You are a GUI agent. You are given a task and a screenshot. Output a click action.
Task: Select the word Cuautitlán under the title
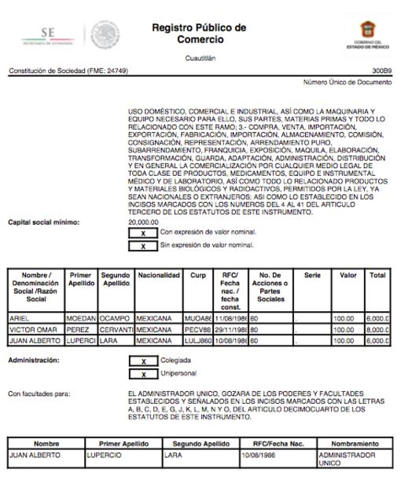[200, 57]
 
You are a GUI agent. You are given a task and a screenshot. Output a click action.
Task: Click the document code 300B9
[381, 71]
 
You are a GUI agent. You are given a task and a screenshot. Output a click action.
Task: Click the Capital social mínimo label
[43, 222]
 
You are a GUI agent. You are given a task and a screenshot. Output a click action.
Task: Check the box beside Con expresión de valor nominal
[142, 233]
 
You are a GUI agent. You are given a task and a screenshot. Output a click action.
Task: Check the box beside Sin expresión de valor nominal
[142, 246]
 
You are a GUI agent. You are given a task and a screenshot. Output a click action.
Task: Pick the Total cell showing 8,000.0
[377, 330]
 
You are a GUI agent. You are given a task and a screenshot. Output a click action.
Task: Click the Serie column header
[312, 276]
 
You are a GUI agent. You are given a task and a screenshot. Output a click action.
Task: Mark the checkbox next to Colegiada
[142, 361]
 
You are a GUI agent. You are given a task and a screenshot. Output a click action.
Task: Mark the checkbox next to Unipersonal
[142, 373]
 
